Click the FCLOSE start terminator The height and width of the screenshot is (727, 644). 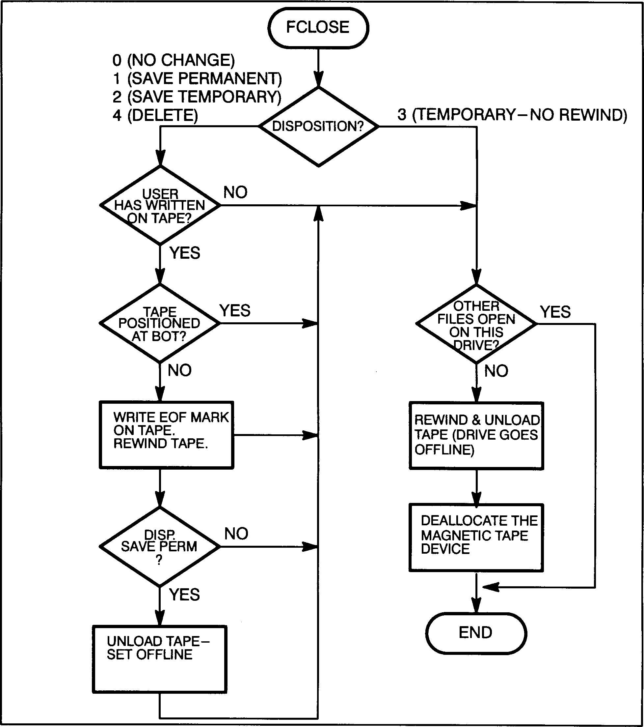(318, 28)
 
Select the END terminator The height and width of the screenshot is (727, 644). (475, 633)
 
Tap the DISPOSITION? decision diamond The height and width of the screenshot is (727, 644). (318, 126)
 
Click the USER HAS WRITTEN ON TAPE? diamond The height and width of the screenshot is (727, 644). (160, 206)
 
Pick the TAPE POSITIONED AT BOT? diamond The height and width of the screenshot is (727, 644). (160, 323)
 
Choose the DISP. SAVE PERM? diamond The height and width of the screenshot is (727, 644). (160, 547)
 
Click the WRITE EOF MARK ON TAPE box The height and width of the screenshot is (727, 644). (166, 435)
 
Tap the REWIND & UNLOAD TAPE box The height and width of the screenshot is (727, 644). (476, 435)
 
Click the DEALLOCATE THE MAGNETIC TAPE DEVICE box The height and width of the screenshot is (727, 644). (476, 538)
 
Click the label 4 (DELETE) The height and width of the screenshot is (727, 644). (155, 115)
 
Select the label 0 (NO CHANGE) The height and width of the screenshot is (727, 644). (174, 60)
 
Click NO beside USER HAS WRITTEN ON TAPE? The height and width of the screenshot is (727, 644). (235, 192)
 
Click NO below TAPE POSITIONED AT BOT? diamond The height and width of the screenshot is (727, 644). (179, 371)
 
